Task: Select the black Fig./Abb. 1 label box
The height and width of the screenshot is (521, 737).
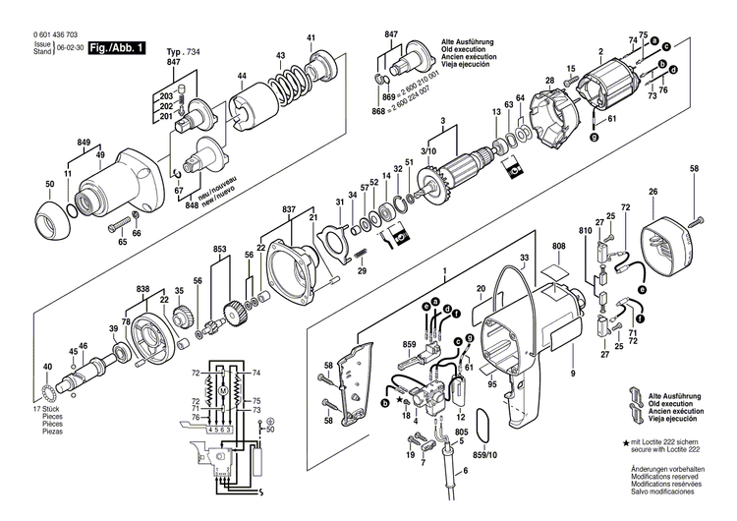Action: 116,47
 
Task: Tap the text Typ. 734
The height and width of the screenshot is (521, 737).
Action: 182,50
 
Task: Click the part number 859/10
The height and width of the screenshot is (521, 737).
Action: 487,455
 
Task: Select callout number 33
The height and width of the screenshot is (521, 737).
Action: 524,259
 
